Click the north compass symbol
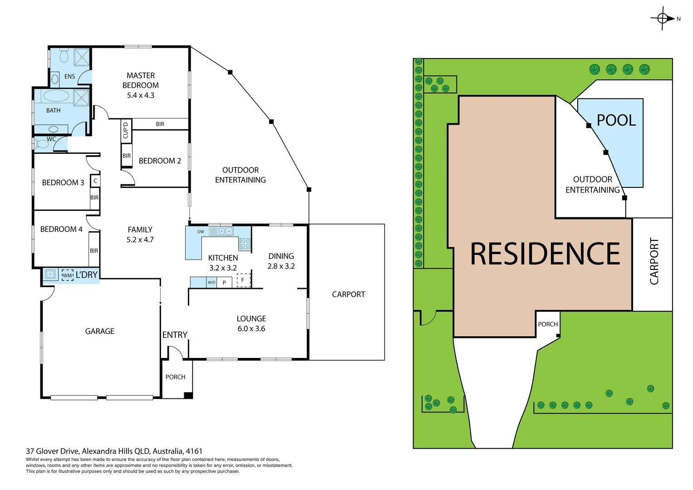coord(663,19)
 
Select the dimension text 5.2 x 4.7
coord(140,240)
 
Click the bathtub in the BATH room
coord(56,96)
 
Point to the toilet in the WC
coord(42,144)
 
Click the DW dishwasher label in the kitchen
coord(201,231)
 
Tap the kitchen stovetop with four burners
coord(245,243)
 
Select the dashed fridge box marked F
coord(243,280)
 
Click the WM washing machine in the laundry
coord(67,275)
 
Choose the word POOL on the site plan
coord(616,120)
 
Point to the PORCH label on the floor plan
coord(175,377)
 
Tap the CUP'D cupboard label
coord(126,130)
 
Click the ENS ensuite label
coord(69,76)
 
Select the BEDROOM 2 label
coord(160,161)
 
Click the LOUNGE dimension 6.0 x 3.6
coord(251,328)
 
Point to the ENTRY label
coord(175,335)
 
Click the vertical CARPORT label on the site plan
coord(654,261)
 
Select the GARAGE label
coord(99,331)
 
